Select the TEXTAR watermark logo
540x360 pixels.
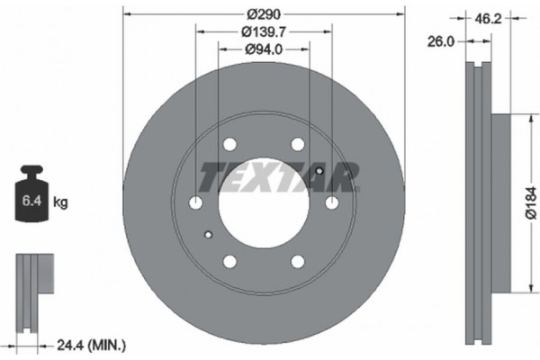pos(279,176)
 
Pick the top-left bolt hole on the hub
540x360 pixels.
pos(229,145)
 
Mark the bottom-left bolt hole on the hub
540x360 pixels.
pos(229,261)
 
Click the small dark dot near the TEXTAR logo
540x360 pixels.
pos(320,170)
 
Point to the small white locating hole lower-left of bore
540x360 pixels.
pos(208,236)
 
